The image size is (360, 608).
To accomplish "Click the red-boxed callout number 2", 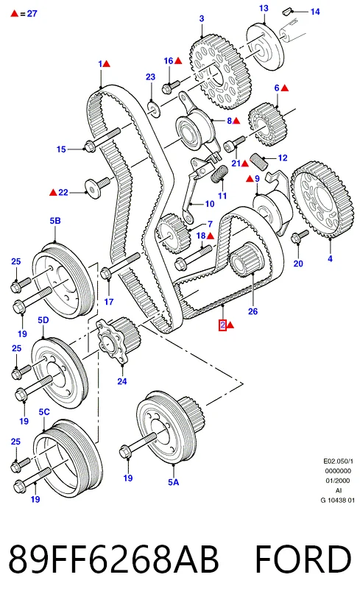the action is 222,325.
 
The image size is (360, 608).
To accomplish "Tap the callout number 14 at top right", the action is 315,12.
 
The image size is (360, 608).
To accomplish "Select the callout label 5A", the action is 174,482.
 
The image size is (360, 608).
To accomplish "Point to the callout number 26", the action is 253,311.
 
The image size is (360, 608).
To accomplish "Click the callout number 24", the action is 121,381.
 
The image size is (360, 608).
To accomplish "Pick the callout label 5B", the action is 55,221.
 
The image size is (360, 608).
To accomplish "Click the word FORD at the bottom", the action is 303,559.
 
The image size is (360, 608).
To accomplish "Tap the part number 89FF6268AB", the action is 113,559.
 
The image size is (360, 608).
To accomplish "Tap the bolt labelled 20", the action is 299,236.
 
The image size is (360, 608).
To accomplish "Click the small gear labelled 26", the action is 247,259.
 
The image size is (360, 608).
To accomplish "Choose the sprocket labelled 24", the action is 118,339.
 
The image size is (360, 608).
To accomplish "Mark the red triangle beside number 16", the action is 178,61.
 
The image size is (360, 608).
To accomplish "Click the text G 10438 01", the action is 337,500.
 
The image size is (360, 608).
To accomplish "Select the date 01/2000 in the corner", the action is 337,481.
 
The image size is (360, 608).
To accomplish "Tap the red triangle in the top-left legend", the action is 15,13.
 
